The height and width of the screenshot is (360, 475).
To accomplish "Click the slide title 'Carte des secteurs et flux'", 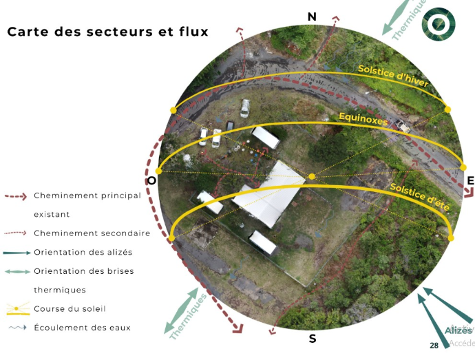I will [107, 32].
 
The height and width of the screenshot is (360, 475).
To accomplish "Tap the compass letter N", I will [312, 17].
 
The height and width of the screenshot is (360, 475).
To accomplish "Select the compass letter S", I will [313, 339].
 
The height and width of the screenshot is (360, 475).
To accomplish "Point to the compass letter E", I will [470, 181].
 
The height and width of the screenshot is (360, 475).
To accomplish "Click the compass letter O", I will [151, 181].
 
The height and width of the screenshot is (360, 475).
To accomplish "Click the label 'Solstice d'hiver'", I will [393, 76].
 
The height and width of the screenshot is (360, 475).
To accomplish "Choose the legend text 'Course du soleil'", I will [70, 308].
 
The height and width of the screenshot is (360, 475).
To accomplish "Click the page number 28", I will [434, 346].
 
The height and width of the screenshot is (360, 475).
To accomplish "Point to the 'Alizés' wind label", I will [458, 331].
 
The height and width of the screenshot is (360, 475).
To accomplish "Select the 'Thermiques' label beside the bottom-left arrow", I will [188, 317].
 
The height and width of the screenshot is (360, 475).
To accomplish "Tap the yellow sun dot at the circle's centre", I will [312, 177].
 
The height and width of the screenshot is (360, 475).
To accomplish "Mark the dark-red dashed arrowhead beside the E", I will [455, 176].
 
